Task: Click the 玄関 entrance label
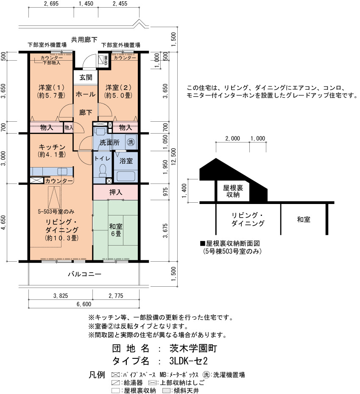pos(86,77)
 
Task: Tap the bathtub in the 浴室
pos(126,176)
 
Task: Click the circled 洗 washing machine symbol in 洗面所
pos(131,142)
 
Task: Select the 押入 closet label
pos(116,192)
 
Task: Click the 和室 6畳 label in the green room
pos(116,230)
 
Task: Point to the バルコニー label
pos(84,274)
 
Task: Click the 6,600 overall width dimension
pos(84,304)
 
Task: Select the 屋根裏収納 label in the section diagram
pos(233,191)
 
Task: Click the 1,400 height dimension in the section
pos(184,190)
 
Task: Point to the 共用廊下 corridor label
pos(84,40)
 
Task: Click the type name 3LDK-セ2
pos(188,361)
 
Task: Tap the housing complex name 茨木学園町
pos(193,348)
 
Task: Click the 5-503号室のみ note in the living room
pos(56,212)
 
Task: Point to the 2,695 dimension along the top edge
pos(51,3)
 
